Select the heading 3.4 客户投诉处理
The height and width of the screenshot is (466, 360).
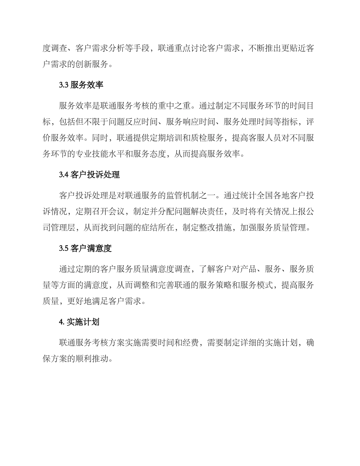89,175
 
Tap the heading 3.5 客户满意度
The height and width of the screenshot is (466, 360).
85,249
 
